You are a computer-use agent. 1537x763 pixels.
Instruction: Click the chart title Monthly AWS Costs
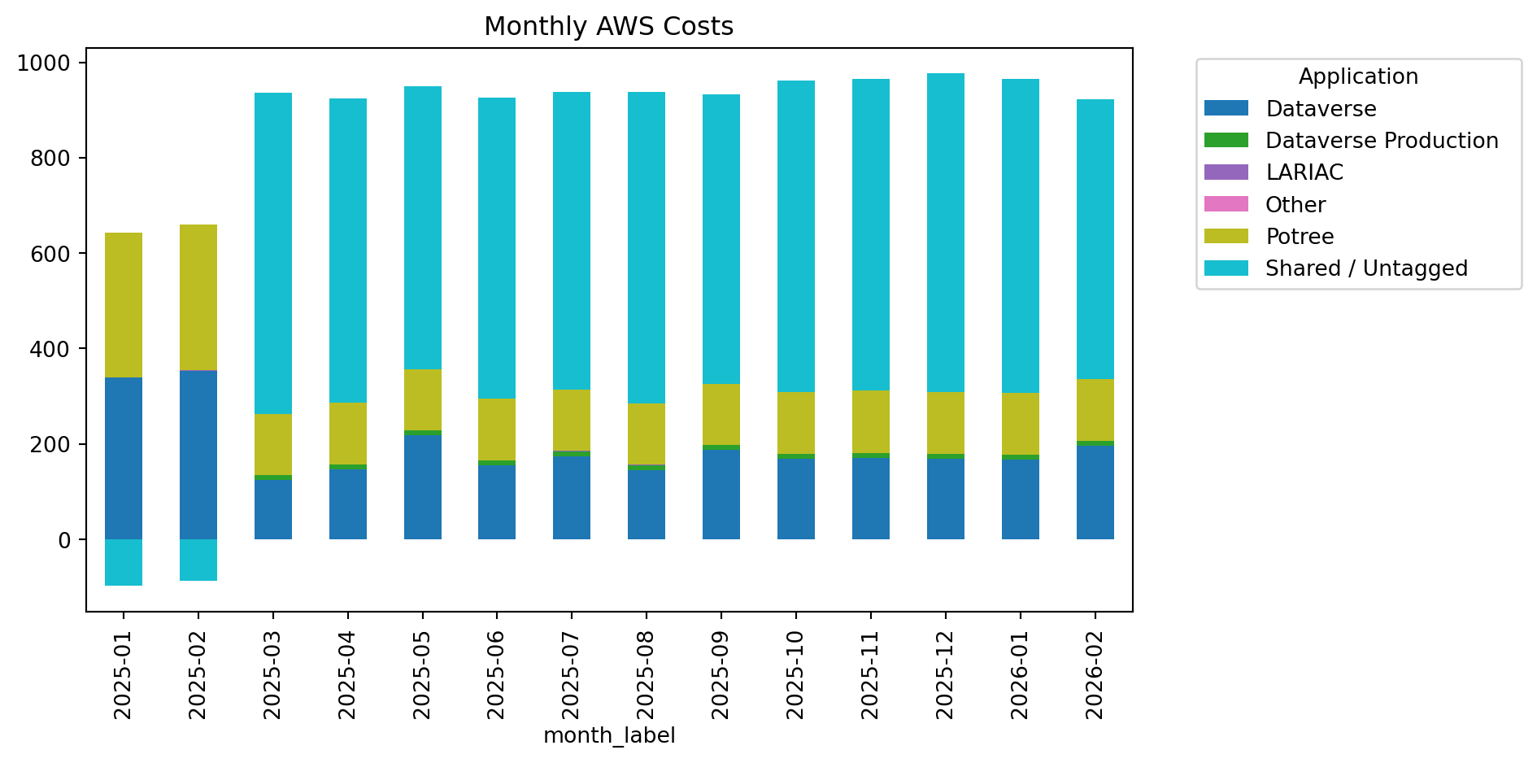(x=608, y=27)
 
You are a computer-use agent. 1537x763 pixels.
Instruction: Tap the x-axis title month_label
(x=609, y=735)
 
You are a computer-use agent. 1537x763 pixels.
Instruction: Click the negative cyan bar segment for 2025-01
(x=124, y=562)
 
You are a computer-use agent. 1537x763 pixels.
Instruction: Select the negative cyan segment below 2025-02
(x=198, y=560)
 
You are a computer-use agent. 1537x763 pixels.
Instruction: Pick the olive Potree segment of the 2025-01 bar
(x=124, y=305)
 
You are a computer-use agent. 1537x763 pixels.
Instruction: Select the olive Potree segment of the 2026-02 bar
(x=1095, y=410)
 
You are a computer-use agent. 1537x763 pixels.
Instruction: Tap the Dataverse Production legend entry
(x=1381, y=141)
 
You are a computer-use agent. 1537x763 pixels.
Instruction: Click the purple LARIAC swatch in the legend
(x=1226, y=172)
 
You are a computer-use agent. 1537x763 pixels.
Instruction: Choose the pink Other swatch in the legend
(x=1226, y=204)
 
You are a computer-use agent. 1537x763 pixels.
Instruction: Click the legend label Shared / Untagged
(x=1366, y=268)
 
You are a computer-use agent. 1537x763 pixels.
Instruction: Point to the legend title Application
(x=1357, y=76)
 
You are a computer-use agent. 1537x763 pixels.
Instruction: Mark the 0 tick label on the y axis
(x=65, y=540)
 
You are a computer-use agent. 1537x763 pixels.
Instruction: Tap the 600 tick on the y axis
(x=50, y=254)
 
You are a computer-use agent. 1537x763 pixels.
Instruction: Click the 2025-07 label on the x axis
(x=572, y=675)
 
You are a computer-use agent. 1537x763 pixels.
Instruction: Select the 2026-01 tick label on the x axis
(x=1020, y=675)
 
